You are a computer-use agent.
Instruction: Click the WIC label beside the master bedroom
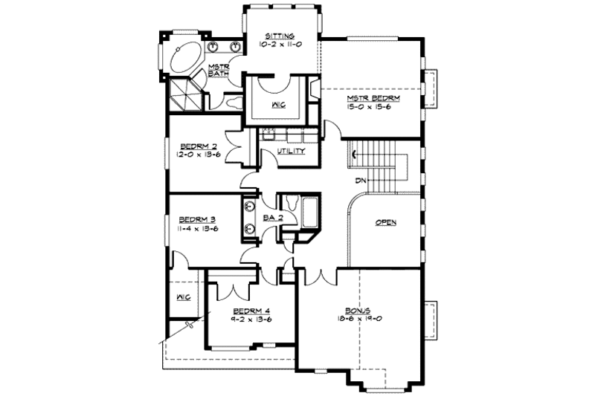[274, 104]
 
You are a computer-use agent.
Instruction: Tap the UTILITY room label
[291, 151]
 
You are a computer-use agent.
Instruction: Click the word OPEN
[385, 222]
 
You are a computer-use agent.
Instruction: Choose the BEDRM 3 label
[197, 220]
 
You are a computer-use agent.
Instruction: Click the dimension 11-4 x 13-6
[197, 230]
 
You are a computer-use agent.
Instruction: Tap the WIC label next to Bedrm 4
[183, 297]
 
